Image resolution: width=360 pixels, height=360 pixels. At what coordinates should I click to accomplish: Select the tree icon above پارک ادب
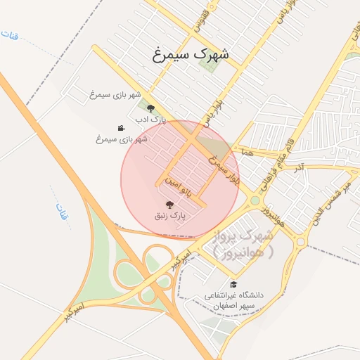(150, 108)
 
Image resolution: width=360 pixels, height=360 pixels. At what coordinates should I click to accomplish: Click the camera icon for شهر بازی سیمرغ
(121, 128)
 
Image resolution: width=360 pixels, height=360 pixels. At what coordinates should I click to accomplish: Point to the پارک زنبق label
(170, 217)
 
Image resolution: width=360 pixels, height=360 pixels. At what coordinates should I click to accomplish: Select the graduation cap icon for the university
(233, 285)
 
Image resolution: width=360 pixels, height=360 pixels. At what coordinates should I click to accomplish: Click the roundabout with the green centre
(255, 200)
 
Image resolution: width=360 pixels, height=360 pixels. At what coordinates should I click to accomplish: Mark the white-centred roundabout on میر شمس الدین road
(301, 241)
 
